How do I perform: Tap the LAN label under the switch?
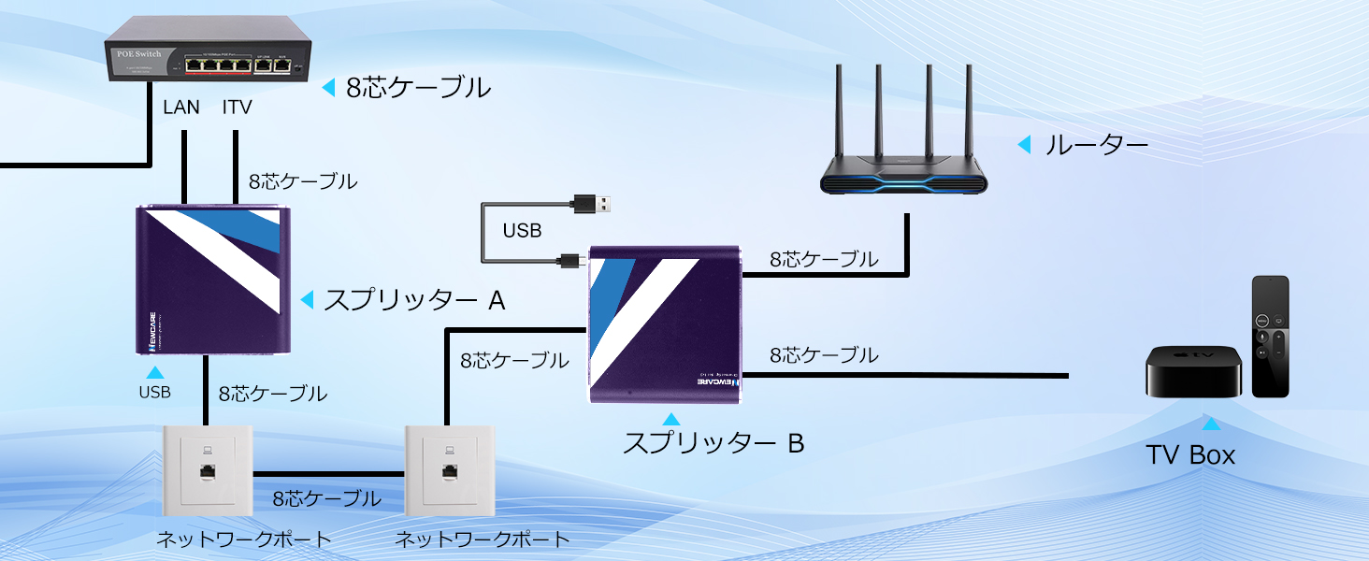[181, 108]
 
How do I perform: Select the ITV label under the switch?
[237, 108]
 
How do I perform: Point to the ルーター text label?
[1095, 145]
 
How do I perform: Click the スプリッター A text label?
[413, 300]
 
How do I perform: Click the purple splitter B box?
[665, 324]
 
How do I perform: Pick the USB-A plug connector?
[595, 203]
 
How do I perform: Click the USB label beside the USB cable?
[522, 230]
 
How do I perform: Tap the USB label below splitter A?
[154, 393]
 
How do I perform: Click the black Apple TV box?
[1194, 371]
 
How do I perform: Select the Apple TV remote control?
[1270, 336]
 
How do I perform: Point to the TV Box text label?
[1190, 455]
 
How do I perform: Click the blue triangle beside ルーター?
[1024, 145]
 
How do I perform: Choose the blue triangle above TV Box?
[1211, 424]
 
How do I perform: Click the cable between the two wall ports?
[327, 473]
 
